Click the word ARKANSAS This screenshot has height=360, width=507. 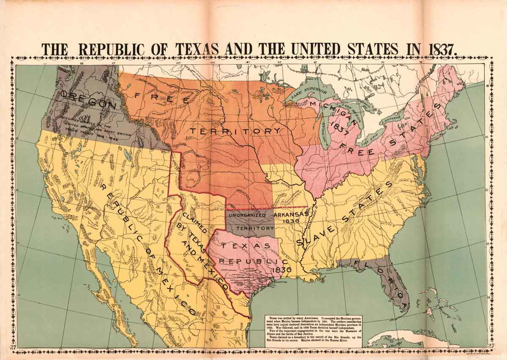[x=292, y=215]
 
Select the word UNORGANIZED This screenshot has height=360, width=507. [x=247, y=215]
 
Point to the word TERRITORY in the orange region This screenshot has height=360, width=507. [x=234, y=131]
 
